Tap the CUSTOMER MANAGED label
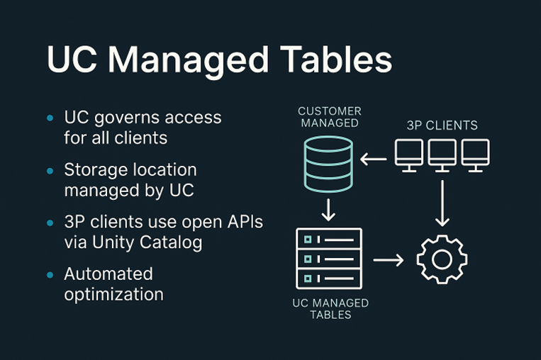(329, 117)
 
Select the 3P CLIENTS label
(442, 125)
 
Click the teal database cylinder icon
(328, 164)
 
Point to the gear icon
(441, 259)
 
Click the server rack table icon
(328, 259)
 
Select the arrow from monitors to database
(374, 159)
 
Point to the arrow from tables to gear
(388, 260)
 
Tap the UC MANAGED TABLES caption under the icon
(330, 308)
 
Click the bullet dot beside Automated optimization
(49, 275)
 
